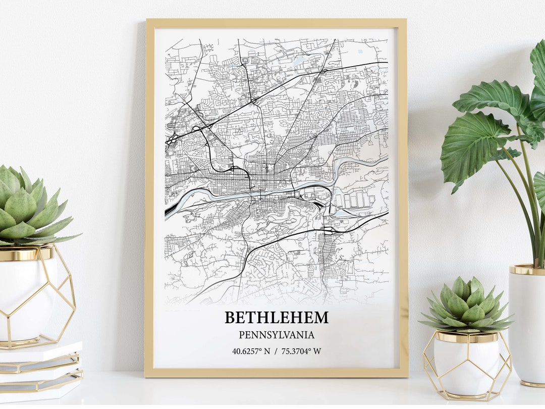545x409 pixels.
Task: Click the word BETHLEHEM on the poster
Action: pyautogui.click(x=276, y=318)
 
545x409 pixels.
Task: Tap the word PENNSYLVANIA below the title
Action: pyautogui.click(x=276, y=335)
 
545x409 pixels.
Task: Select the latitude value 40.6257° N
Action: pyautogui.click(x=251, y=351)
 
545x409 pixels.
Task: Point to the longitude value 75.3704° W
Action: pyautogui.click(x=301, y=351)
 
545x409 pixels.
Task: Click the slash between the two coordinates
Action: pyautogui.click(x=276, y=351)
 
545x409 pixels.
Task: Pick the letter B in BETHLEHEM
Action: pyautogui.click(x=230, y=318)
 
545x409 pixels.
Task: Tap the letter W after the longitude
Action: pyautogui.click(x=317, y=351)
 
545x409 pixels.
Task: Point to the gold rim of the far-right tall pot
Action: pyautogui.click(x=527, y=270)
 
